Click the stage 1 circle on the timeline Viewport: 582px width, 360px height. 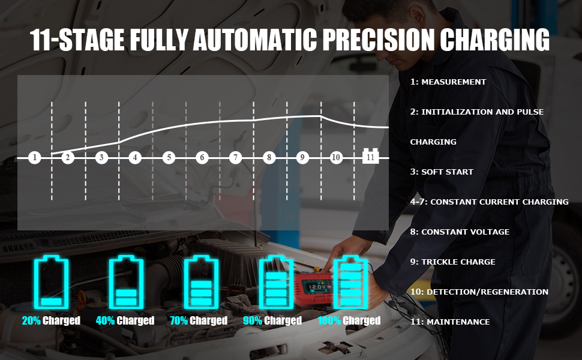(35, 157)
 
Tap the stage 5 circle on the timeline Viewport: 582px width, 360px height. (169, 157)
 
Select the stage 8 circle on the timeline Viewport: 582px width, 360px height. (269, 157)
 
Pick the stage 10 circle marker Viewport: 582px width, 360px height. (336, 157)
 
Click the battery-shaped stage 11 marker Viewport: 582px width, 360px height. (370, 156)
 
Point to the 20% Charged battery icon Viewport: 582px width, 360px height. (51, 282)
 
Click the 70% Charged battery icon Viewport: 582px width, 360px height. (201, 282)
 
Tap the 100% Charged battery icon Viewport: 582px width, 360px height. (351, 282)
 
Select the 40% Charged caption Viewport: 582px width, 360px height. (125, 320)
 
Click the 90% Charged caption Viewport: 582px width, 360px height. (272, 320)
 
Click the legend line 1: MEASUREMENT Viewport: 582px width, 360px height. (448, 82)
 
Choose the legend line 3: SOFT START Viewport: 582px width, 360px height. (442, 172)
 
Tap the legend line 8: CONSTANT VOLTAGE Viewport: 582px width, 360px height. (460, 232)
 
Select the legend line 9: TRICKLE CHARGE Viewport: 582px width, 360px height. (453, 262)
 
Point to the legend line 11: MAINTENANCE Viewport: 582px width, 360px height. (450, 322)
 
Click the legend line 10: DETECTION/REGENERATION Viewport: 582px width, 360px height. (479, 292)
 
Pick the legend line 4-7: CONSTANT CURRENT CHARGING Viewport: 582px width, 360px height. (489, 202)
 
